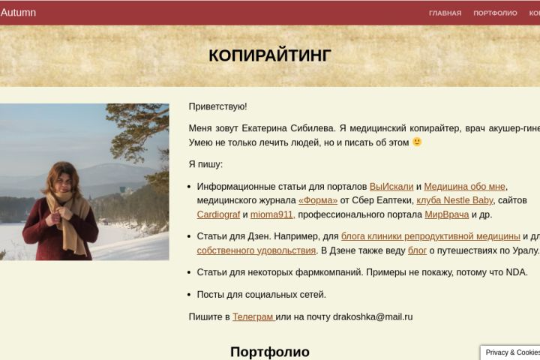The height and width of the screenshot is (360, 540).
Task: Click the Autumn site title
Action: pos(18,13)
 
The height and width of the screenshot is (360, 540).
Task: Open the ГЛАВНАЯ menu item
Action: pos(445,13)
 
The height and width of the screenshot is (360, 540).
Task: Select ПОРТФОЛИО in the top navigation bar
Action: pos(495,13)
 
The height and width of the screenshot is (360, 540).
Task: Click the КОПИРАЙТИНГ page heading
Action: pos(270,55)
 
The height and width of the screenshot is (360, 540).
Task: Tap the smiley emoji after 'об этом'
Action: pos(417,142)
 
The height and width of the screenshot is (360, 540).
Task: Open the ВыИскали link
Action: pos(391,187)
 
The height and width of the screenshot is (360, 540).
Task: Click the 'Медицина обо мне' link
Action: pos(464,187)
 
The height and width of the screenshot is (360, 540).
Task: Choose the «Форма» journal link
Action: pos(318,200)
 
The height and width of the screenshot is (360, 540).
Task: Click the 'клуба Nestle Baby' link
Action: pos(454,200)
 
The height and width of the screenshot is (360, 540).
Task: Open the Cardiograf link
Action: pos(218,214)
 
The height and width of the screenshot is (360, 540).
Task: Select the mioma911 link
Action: pos(272,214)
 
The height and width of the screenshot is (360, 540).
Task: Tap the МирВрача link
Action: pos(447,214)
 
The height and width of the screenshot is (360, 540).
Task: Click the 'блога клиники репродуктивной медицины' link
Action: pos(430,236)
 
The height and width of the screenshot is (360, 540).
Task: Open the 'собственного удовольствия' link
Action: pos(256,250)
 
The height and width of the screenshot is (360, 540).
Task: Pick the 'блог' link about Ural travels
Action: pos(417,250)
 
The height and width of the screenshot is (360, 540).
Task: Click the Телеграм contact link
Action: pos(253,317)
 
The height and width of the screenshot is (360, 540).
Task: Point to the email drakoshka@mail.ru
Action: pos(373,317)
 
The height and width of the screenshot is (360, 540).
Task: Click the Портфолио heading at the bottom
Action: pos(270,352)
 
